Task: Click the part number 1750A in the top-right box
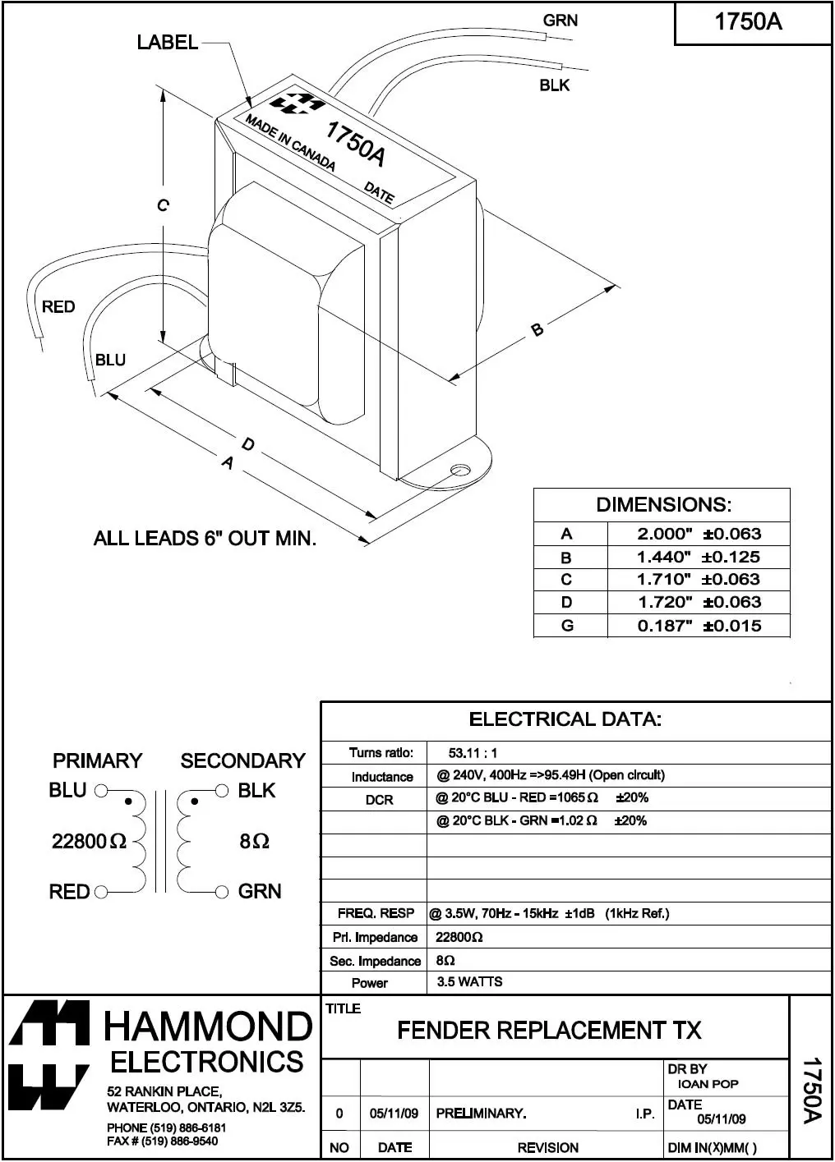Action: coord(748,22)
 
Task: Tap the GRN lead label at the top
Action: coord(560,21)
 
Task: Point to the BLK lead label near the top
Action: coord(554,85)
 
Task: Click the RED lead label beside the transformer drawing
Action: coord(58,307)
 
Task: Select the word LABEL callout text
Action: coord(168,43)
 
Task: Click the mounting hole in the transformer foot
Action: coord(460,471)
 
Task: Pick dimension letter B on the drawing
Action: coord(537,330)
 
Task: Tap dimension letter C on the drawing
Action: coord(163,205)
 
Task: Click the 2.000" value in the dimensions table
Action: coord(665,534)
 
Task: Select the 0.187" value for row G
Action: coord(665,626)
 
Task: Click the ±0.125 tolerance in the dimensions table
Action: coord(731,557)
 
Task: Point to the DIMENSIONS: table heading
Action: coord(663,505)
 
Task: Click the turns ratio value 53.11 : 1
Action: coord(473,753)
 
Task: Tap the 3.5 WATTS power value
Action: coord(469,982)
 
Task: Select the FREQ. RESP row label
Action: coord(376,914)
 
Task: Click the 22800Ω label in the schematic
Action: coord(89,841)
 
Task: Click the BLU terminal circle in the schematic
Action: coord(101,792)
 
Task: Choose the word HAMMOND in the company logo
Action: coord(208,1027)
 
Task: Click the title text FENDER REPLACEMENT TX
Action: coord(549,1031)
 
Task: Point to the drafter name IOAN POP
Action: coord(708,1084)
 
